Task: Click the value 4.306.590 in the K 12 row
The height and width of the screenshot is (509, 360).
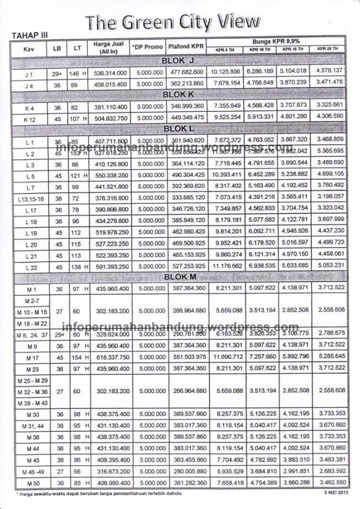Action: click(x=330, y=116)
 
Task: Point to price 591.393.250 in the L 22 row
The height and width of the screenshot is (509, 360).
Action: click(x=111, y=266)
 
